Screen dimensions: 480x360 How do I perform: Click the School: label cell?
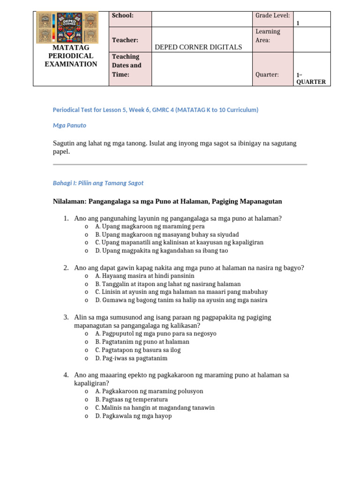point(123,15)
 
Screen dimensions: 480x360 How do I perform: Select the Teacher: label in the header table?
point(125,40)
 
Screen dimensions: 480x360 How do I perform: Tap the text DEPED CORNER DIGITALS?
point(198,47)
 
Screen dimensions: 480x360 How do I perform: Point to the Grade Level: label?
point(272,15)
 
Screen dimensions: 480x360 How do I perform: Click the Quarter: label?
point(267,75)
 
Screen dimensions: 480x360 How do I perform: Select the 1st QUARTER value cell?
point(310,78)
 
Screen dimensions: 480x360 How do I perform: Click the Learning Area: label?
point(268,36)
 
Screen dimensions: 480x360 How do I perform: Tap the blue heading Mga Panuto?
point(69,126)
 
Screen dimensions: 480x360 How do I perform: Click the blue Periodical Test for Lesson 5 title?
point(155,110)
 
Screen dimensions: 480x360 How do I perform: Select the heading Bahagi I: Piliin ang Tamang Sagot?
point(98,183)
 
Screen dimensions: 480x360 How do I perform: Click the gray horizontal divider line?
point(180,165)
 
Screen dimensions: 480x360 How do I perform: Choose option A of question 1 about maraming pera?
point(150,226)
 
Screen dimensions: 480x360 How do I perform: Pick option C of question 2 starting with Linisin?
point(181,292)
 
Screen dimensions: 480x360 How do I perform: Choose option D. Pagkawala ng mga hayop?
point(133,416)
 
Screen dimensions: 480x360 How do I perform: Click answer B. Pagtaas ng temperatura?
point(131,399)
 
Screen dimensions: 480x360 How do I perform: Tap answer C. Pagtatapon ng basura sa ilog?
point(137,350)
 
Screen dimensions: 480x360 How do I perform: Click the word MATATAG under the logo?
point(71,47)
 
